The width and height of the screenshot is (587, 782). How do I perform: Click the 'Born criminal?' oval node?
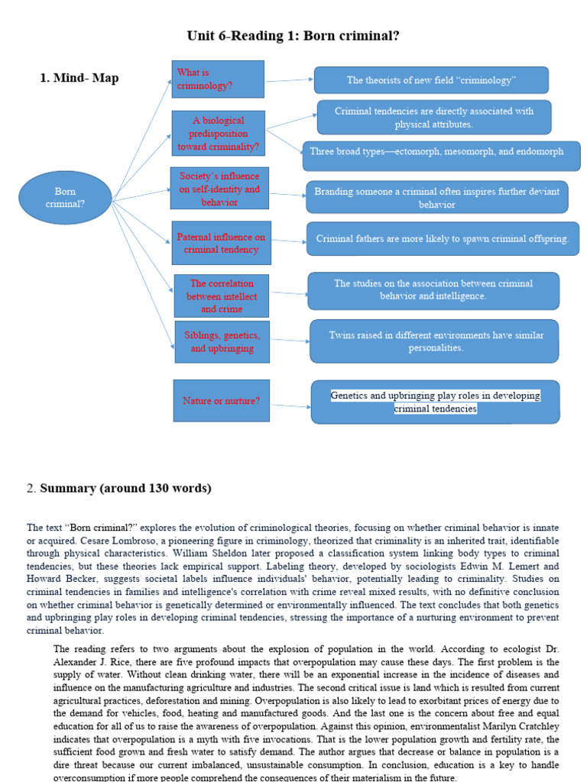[65, 198]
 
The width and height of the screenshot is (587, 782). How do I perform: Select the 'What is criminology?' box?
[218, 79]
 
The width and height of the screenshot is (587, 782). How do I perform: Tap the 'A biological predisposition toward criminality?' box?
[219, 134]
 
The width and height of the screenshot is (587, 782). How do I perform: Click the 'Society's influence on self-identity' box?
[219, 189]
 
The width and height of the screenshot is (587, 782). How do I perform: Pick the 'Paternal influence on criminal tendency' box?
[221, 243]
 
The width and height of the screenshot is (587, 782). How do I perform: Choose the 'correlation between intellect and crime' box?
[222, 296]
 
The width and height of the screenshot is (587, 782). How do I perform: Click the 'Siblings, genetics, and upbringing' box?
[222, 341]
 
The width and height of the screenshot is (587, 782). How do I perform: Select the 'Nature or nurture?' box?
[221, 400]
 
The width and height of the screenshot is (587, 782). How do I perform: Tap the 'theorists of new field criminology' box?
[431, 80]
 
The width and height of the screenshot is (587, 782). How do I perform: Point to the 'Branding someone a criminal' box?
[436, 197]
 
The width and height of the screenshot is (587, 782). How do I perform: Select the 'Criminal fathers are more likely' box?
[443, 239]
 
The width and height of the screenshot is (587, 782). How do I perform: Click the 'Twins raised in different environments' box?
[433, 341]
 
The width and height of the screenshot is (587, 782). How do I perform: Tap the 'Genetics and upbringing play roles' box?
[435, 402]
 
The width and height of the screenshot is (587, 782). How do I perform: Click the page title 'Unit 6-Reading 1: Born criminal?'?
[293, 36]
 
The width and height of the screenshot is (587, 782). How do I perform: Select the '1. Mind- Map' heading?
[79, 78]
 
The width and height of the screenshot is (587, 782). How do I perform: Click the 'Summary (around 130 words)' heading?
[125, 488]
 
